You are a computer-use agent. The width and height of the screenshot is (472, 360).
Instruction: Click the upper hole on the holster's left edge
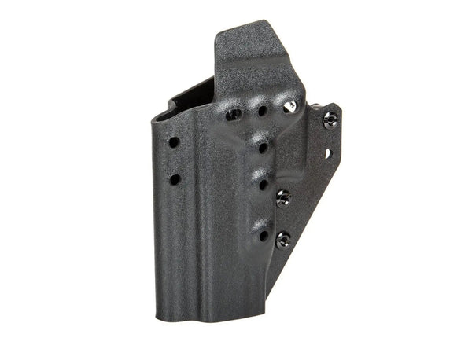[x=174, y=142]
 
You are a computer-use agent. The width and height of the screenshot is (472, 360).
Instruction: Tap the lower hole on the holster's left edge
[x=175, y=179]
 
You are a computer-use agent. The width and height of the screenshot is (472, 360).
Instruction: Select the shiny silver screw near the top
[x=289, y=106]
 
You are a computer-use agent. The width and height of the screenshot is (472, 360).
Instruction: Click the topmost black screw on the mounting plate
[x=330, y=119]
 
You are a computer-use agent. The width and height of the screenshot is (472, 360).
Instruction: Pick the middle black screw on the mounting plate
[x=284, y=197]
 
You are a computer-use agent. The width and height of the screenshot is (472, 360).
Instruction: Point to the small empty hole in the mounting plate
[x=328, y=154]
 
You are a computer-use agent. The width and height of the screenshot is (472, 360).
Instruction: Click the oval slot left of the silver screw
[x=234, y=115]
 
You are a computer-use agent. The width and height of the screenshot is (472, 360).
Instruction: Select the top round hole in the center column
[x=262, y=111]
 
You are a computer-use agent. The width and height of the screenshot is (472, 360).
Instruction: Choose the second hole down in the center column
[x=261, y=147]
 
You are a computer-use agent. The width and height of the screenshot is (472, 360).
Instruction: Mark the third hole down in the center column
[x=263, y=186]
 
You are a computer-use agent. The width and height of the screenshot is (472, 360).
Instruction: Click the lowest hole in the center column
[x=263, y=234]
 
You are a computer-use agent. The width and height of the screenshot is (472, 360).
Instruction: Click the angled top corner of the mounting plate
[x=337, y=105]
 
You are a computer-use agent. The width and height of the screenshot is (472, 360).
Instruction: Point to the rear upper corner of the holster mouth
[x=212, y=79]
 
